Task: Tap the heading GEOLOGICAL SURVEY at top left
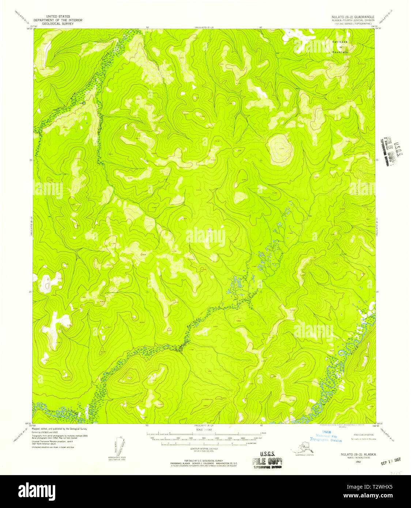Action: (x=58, y=23)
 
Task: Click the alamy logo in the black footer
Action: (x=37, y=491)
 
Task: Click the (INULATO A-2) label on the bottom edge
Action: (x=203, y=426)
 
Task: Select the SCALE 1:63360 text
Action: (x=204, y=429)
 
